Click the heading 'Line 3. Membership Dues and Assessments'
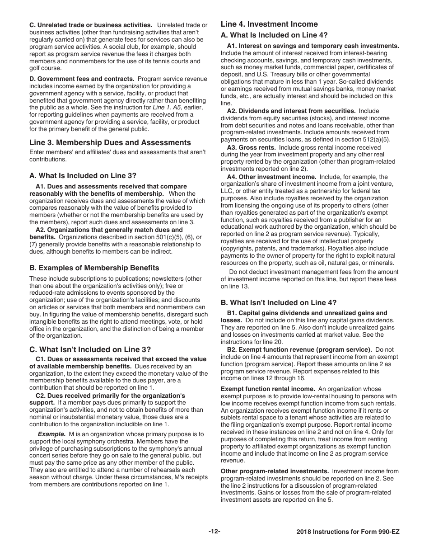110,143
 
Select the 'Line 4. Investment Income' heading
269,24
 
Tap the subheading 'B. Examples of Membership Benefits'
94,268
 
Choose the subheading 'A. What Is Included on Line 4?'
274,35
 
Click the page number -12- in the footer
214,532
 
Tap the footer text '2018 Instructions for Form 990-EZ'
348,532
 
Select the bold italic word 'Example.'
51,434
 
